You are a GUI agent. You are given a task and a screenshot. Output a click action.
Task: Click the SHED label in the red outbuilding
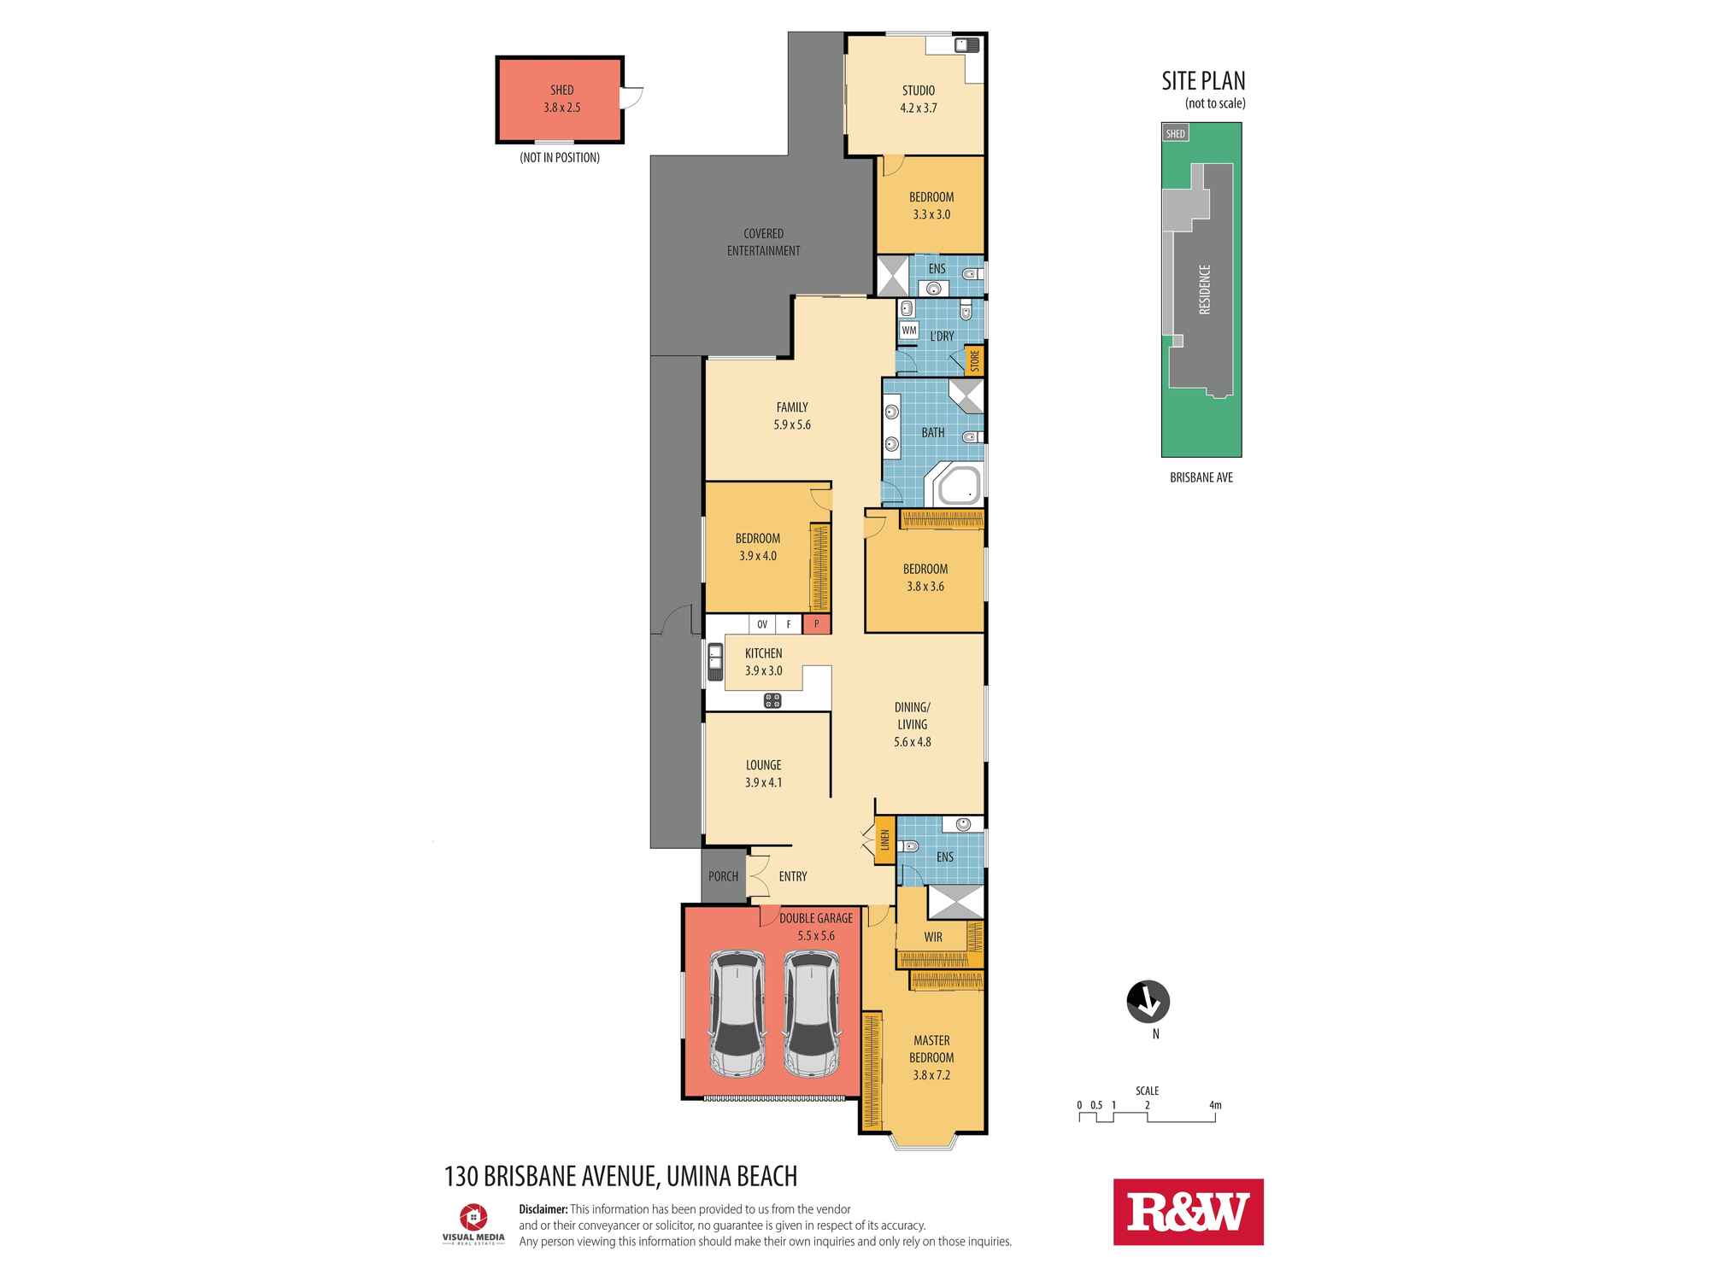561,90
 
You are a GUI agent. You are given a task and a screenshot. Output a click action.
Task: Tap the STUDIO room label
918,91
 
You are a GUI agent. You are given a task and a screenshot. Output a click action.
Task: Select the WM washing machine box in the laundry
908,330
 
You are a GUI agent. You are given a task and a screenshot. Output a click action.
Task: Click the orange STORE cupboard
974,361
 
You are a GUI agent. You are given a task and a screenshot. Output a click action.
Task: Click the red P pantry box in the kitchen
816,624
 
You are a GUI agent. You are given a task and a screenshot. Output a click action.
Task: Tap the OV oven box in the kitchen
762,624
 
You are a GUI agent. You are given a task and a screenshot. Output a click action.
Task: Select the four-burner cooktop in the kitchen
772,701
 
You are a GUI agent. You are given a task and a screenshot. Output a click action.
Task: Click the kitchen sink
714,662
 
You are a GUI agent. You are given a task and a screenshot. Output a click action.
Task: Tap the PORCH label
723,876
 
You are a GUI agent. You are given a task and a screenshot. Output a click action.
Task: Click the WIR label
933,937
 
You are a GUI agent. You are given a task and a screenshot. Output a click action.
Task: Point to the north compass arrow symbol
1148,1002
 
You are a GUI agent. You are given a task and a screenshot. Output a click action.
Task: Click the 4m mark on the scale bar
1215,1105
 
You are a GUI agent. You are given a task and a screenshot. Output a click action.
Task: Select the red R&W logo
1188,1212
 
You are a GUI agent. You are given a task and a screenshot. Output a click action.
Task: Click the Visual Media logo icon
473,1216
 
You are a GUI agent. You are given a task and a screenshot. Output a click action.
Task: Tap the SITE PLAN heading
1203,81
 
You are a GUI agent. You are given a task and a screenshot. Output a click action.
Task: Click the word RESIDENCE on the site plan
1205,290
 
